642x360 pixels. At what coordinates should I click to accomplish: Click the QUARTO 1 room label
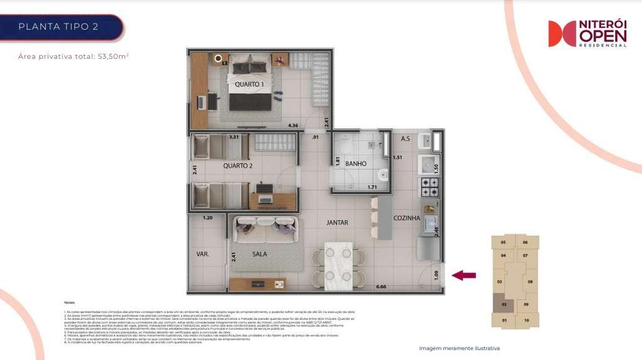pyautogui.click(x=249, y=85)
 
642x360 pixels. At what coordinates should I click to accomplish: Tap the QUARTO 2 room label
pyautogui.click(x=237, y=167)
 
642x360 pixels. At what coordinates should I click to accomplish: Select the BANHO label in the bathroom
pyautogui.click(x=356, y=164)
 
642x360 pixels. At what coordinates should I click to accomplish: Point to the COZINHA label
pyautogui.click(x=406, y=218)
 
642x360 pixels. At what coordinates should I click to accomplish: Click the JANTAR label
pyautogui.click(x=337, y=222)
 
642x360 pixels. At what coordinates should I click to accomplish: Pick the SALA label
pyautogui.click(x=260, y=255)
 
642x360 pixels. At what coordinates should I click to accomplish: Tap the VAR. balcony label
pyautogui.click(x=202, y=255)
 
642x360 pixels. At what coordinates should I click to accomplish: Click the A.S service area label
pyautogui.click(x=405, y=138)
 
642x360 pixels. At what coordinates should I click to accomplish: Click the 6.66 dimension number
pyautogui.click(x=381, y=287)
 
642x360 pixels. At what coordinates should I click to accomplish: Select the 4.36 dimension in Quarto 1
pyautogui.click(x=293, y=126)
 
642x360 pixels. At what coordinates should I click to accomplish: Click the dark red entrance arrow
pyautogui.click(x=463, y=275)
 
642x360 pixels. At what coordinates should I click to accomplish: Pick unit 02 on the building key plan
pyautogui.click(x=504, y=305)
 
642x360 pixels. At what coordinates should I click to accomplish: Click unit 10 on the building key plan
pyautogui.click(x=526, y=321)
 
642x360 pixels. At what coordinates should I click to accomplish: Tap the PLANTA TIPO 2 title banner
pyautogui.click(x=60, y=27)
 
